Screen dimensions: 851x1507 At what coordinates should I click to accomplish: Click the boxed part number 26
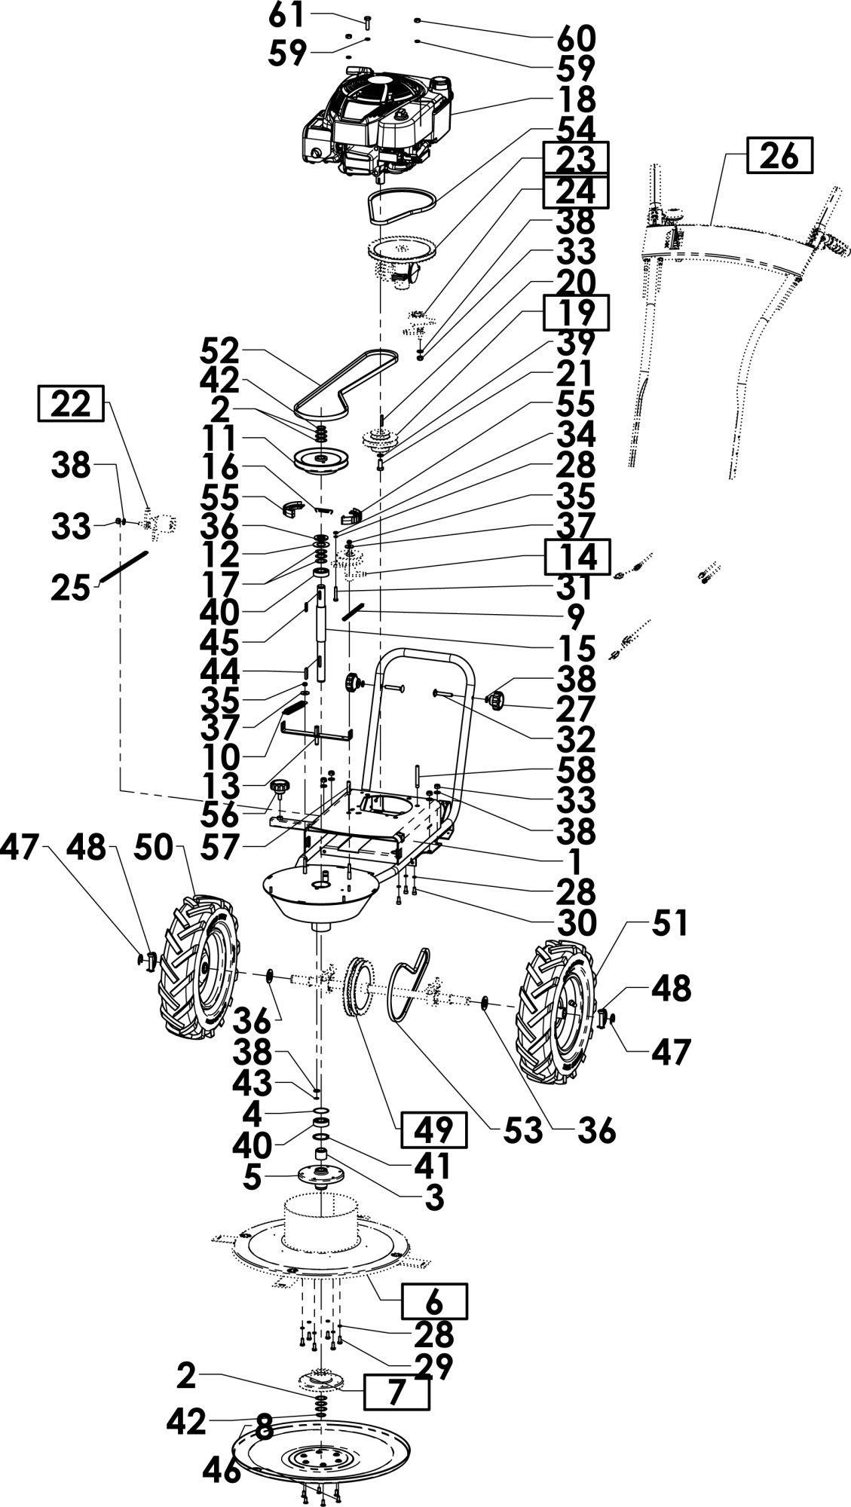(780, 157)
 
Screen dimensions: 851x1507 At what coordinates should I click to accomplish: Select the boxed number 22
(71, 404)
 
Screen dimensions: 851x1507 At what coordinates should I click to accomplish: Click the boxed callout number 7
(396, 1392)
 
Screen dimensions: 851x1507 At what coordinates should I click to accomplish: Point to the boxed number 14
(577, 558)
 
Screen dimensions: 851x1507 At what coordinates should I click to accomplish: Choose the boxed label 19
(577, 313)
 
